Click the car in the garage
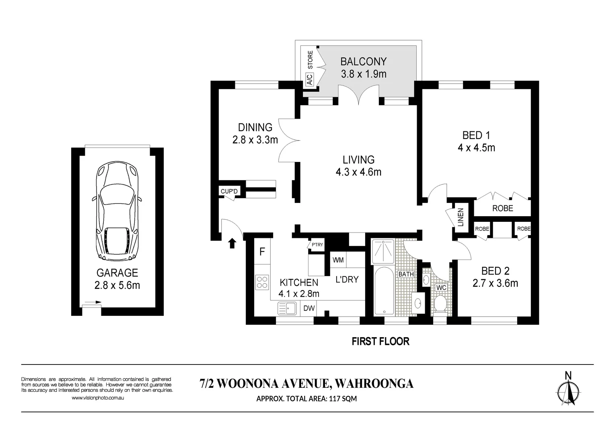pyautogui.click(x=117, y=211)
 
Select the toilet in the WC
pyautogui.click(x=441, y=304)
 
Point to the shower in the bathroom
pyautogui.click(x=383, y=251)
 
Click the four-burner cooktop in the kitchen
pyautogui.click(x=262, y=283)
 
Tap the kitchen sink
pyautogui.click(x=287, y=308)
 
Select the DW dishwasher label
pyautogui.click(x=309, y=308)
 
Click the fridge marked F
pyautogui.click(x=262, y=251)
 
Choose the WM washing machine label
pyautogui.click(x=338, y=260)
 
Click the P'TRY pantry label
pyautogui.click(x=317, y=244)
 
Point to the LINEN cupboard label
pyautogui.click(x=461, y=217)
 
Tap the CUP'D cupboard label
pyautogui.click(x=229, y=191)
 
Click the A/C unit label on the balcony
pyautogui.click(x=309, y=79)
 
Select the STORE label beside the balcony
pyautogui.click(x=310, y=60)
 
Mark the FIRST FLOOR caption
pyautogui.click(x=381, y=342)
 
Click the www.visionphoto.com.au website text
pyautogui.click(x=98, y=397)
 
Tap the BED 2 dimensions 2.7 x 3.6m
pyautogui.click(x=495, y=283)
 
